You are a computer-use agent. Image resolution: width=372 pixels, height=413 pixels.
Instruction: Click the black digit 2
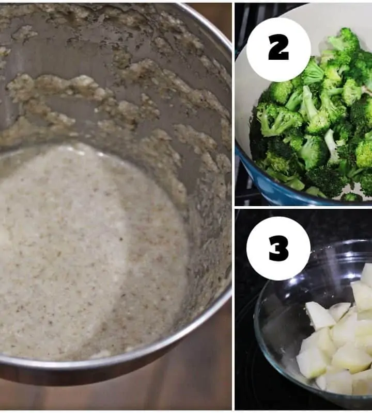pyautogui.click(x=278, y=47)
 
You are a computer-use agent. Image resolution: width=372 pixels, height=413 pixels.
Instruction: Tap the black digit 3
pyautogui.click(x=279, y=249)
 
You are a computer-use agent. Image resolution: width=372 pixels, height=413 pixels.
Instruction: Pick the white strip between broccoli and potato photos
pyautogui.click(x=303, y=208)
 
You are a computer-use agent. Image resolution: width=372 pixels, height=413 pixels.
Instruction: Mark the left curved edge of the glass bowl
pyautogui.click(x=257, y=324)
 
